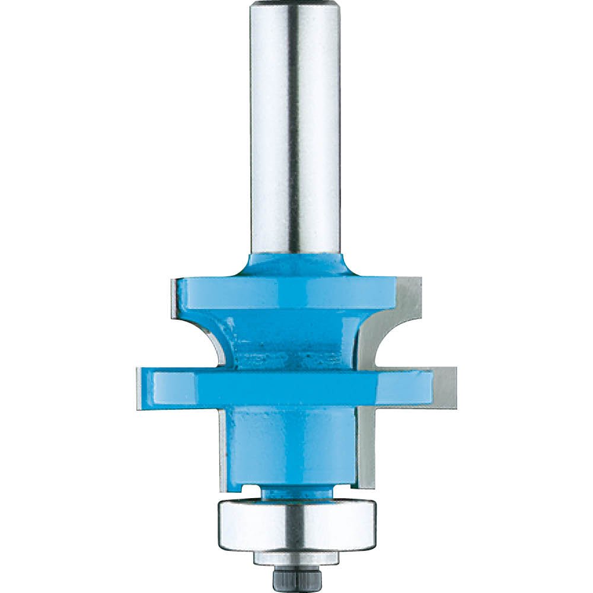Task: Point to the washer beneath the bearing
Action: (295, 558)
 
